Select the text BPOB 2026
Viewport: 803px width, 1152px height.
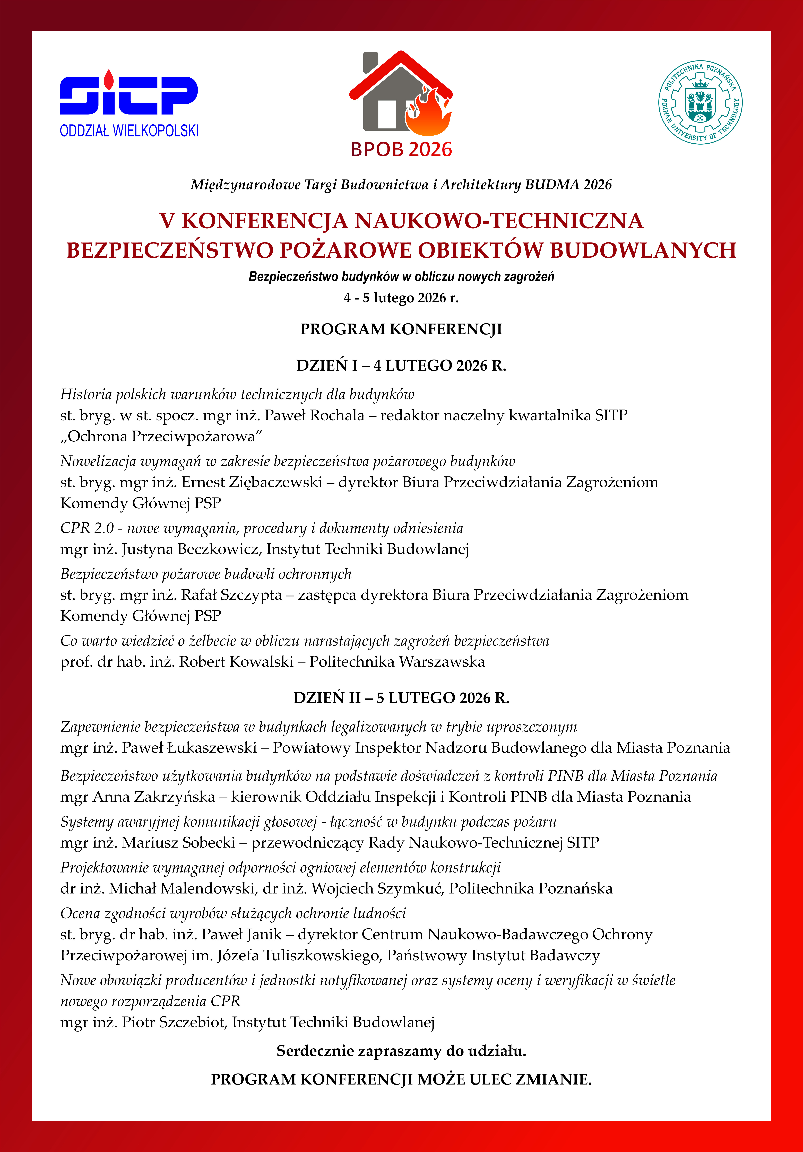tap(401, 150)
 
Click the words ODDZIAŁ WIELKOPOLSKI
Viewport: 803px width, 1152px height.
tap(129, 131)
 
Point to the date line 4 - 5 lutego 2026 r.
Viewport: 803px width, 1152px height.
tap(401, 298)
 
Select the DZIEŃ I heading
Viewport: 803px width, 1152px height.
tap(401, 366)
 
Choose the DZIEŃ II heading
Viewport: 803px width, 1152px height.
tap(401, 698)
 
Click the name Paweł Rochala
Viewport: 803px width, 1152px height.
tap(314, 415)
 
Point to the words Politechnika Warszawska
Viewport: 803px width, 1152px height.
tap(397, 662)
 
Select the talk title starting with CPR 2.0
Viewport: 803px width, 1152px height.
tap(262, 528)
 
